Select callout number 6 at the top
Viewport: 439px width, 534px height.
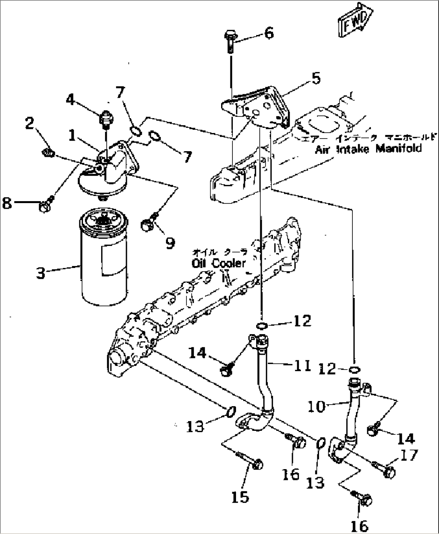click(x=269, y=33)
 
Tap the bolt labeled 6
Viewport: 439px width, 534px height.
click(x=230, y=42)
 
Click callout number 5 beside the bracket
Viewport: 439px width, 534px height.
click(x=316, y=79)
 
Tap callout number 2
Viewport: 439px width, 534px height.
click(x=29, y=124)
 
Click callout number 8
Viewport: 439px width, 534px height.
click(x=7, y=203)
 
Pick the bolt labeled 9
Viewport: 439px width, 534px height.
click(x=147, y=224)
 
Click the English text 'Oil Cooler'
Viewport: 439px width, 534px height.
click(x=218, y=263)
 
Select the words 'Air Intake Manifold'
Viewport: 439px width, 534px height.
click(x=368, y=149)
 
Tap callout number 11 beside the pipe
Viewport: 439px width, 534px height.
click(x=302, y=366)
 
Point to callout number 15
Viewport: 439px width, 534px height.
click(x=240, y=497)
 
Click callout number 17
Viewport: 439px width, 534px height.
click(x=409, y=455)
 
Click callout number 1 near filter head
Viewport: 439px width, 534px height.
click(x=72, y=135)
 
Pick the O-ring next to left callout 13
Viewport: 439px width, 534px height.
click(x=230, y=412)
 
